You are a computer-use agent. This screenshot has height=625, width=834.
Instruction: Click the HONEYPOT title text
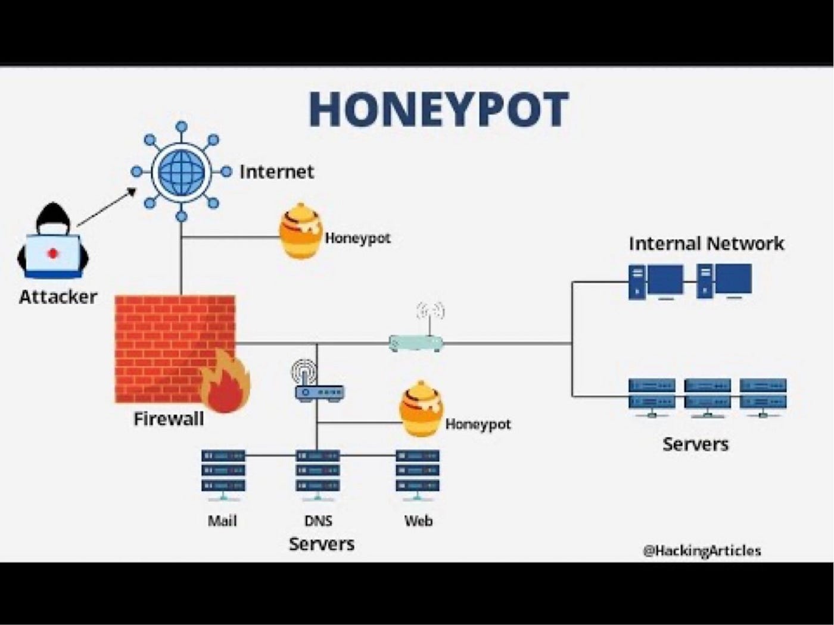438,110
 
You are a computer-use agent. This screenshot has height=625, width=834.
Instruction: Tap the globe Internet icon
182,172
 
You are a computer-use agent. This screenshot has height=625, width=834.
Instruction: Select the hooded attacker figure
53,242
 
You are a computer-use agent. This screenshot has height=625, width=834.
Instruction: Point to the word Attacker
58,296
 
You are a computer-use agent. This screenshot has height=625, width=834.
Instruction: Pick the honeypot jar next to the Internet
301,232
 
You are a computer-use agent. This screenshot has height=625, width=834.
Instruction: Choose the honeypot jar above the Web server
421,409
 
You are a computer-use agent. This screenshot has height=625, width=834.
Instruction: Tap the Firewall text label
169,419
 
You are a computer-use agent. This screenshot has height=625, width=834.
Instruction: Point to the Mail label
222,521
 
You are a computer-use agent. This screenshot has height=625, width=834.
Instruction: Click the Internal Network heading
707,243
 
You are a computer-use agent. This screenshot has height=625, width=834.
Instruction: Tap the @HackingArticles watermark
702,551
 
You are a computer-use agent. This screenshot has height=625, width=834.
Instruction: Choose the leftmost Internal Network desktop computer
656,282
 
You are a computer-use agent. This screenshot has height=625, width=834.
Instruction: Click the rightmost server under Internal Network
763,396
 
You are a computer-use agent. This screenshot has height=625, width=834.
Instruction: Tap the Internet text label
276,172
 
